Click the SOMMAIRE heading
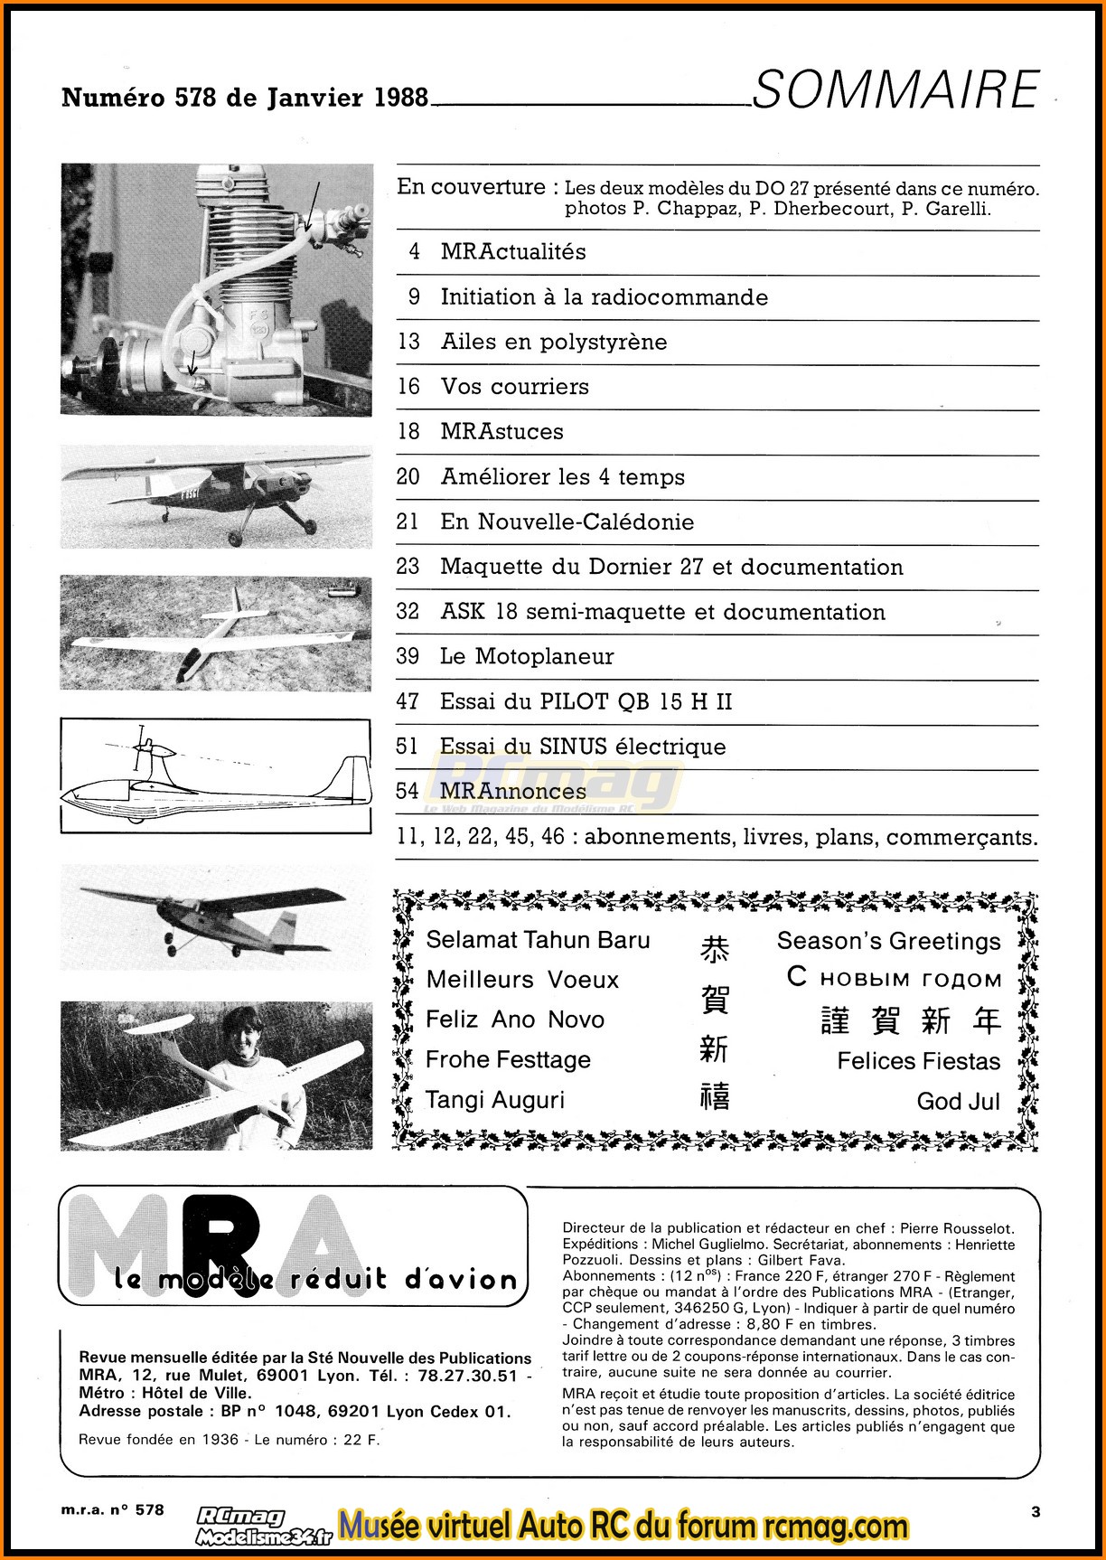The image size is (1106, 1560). pyautogui.click(x=895, y=89)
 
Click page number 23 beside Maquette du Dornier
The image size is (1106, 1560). pyautogui.click(x=408, y=567)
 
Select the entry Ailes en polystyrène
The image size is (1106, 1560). pyautogui.click(x=553, y=342)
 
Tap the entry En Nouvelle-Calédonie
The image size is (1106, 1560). pyautogui.click(x=567, y=522)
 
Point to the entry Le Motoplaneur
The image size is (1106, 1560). pyautogui.click(x=527, y=657)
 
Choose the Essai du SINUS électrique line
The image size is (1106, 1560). pyautogui.click(x=582, y=747)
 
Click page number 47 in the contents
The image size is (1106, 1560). pyautogui.click(x=408, y=701)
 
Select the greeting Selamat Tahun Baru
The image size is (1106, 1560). pyautogui.click(x=538, y=940)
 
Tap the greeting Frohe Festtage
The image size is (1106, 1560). pyautogui.click(x=508, y=1059)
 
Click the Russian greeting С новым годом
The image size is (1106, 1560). pyautogui.click(x=895, y=979)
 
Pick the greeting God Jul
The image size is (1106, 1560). pyautogui.click(x=958, y=1101)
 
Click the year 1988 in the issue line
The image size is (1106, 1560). pyautogui.click(x=401, y=98)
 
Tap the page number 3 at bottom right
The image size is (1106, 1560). pyautogui.click(x=1036, y=1511)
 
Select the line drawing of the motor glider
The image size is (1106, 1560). pyautogui.click(x=215, y=775)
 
